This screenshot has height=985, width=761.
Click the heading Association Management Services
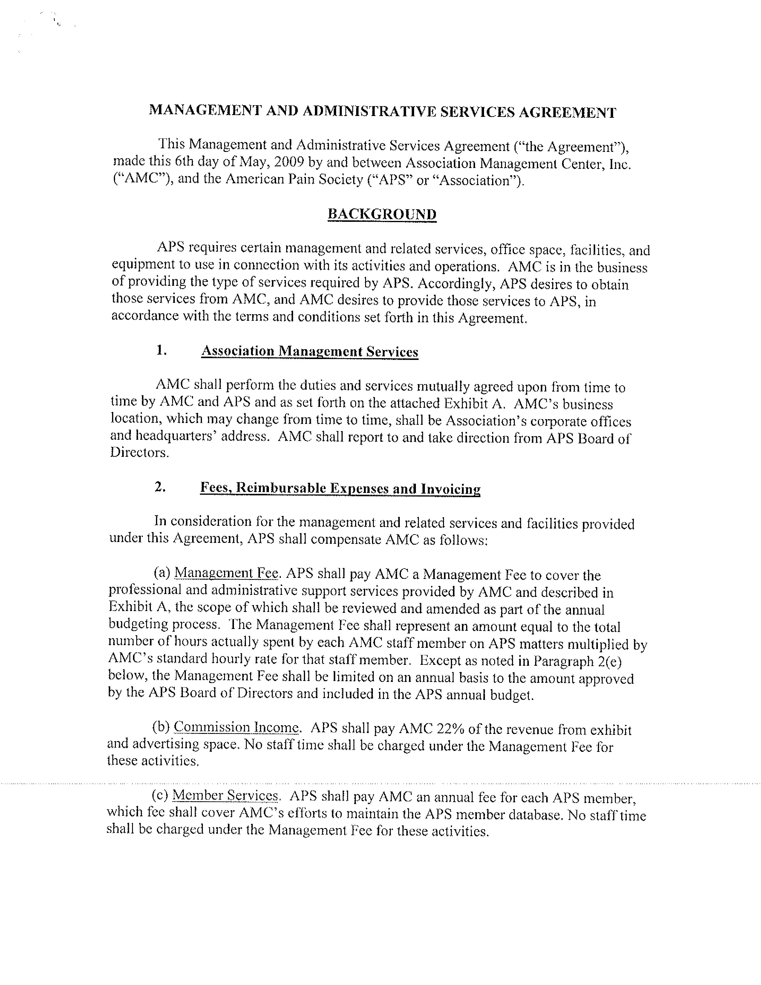click(309, 351)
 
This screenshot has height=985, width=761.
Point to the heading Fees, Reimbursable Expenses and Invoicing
click(340, 488)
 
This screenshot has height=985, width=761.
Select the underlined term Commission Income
click(236, 728)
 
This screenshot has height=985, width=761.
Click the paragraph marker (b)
click(161, 728)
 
